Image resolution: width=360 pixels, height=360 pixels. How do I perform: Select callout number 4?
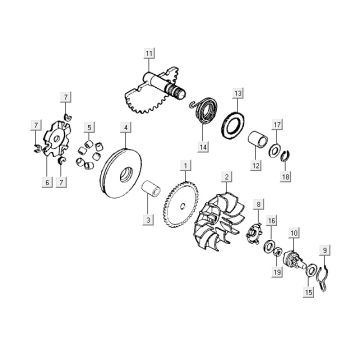click(124, 128)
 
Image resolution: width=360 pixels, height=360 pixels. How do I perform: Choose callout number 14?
click(204, 146)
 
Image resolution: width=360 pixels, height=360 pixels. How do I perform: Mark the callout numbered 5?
click(90, 128)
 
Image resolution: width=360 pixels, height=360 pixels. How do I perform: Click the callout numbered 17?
click(279, 125)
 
